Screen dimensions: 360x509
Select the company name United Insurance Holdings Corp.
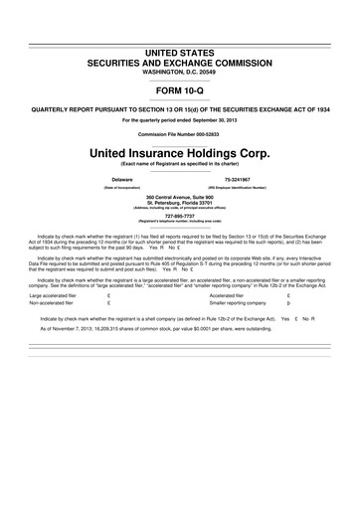(179, 154)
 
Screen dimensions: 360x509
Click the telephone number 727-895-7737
(179, 215)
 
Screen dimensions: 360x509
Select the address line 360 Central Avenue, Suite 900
(179, 199)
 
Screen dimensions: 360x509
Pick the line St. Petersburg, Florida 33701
(179, 205)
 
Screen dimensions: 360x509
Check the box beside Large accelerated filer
(107, 295)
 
